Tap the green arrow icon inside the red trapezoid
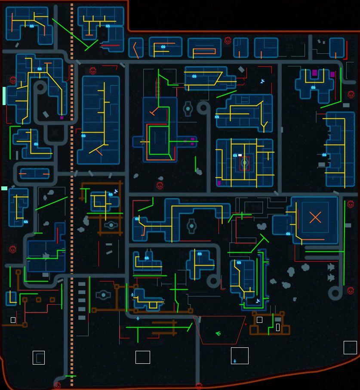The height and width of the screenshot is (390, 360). [x=218, y=333]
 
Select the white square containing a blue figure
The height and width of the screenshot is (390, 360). [x=240, y=356]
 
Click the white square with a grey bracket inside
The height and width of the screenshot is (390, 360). [x=39, y=358]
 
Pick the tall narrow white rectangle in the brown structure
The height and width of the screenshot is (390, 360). [x=278, y=327]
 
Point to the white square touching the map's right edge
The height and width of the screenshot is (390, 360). [x=350, y=347]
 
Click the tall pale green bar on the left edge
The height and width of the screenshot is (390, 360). [x=4, y=96]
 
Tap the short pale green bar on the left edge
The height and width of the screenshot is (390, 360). [x=4, y=188]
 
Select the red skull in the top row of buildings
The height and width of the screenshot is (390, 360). [x=228, y=41]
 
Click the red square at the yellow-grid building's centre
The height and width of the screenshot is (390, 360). [x=244, y=163]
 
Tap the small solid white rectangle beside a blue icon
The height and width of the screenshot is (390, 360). [x=240, y=155]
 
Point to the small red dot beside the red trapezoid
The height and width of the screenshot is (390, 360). [x=246, y=325]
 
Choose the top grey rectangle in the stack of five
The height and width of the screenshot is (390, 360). [x=82, y=284]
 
